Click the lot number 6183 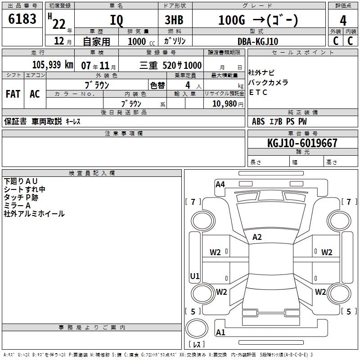[x=22, y=20]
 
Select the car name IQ [x=116, y=20]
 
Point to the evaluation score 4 [x=343, y=20]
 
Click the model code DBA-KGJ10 [x=257, y=41]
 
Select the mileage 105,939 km [x=53, y=65]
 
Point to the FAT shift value [x=13, y=94]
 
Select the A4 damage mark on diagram [x=220, y=184]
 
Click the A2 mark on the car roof [x=257, y=237]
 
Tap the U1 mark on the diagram [x=195, y=276]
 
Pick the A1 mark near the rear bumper [x=220, y=333]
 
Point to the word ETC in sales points [x=258, y=93]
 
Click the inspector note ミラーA [x=17, y=205]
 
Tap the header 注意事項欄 [x=123, y=134]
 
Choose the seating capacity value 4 [x=187, y=85]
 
